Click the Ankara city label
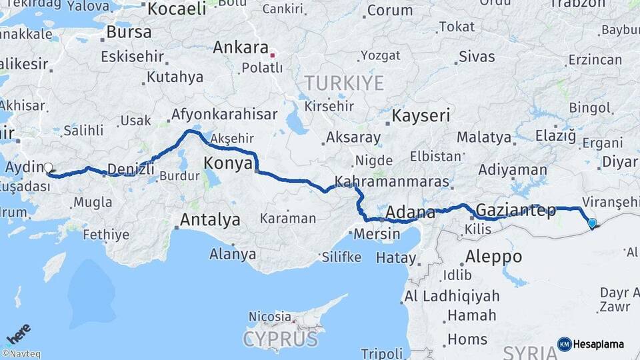[x=241, y=48]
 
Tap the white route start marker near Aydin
[x=49, y=168]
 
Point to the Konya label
[x=228, y=163]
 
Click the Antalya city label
[x=210, y=219]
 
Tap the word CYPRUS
[x=280, y=339]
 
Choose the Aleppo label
[x=493, y=256]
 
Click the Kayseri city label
[x=421, y=115]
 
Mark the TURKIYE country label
[x=344, y=83]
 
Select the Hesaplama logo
[x=591, y=344]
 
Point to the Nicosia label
[x=269, y=316]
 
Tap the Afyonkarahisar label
[x=224, y=115]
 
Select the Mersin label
[x=377, y=234]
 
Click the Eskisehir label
[x=133, y=57]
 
